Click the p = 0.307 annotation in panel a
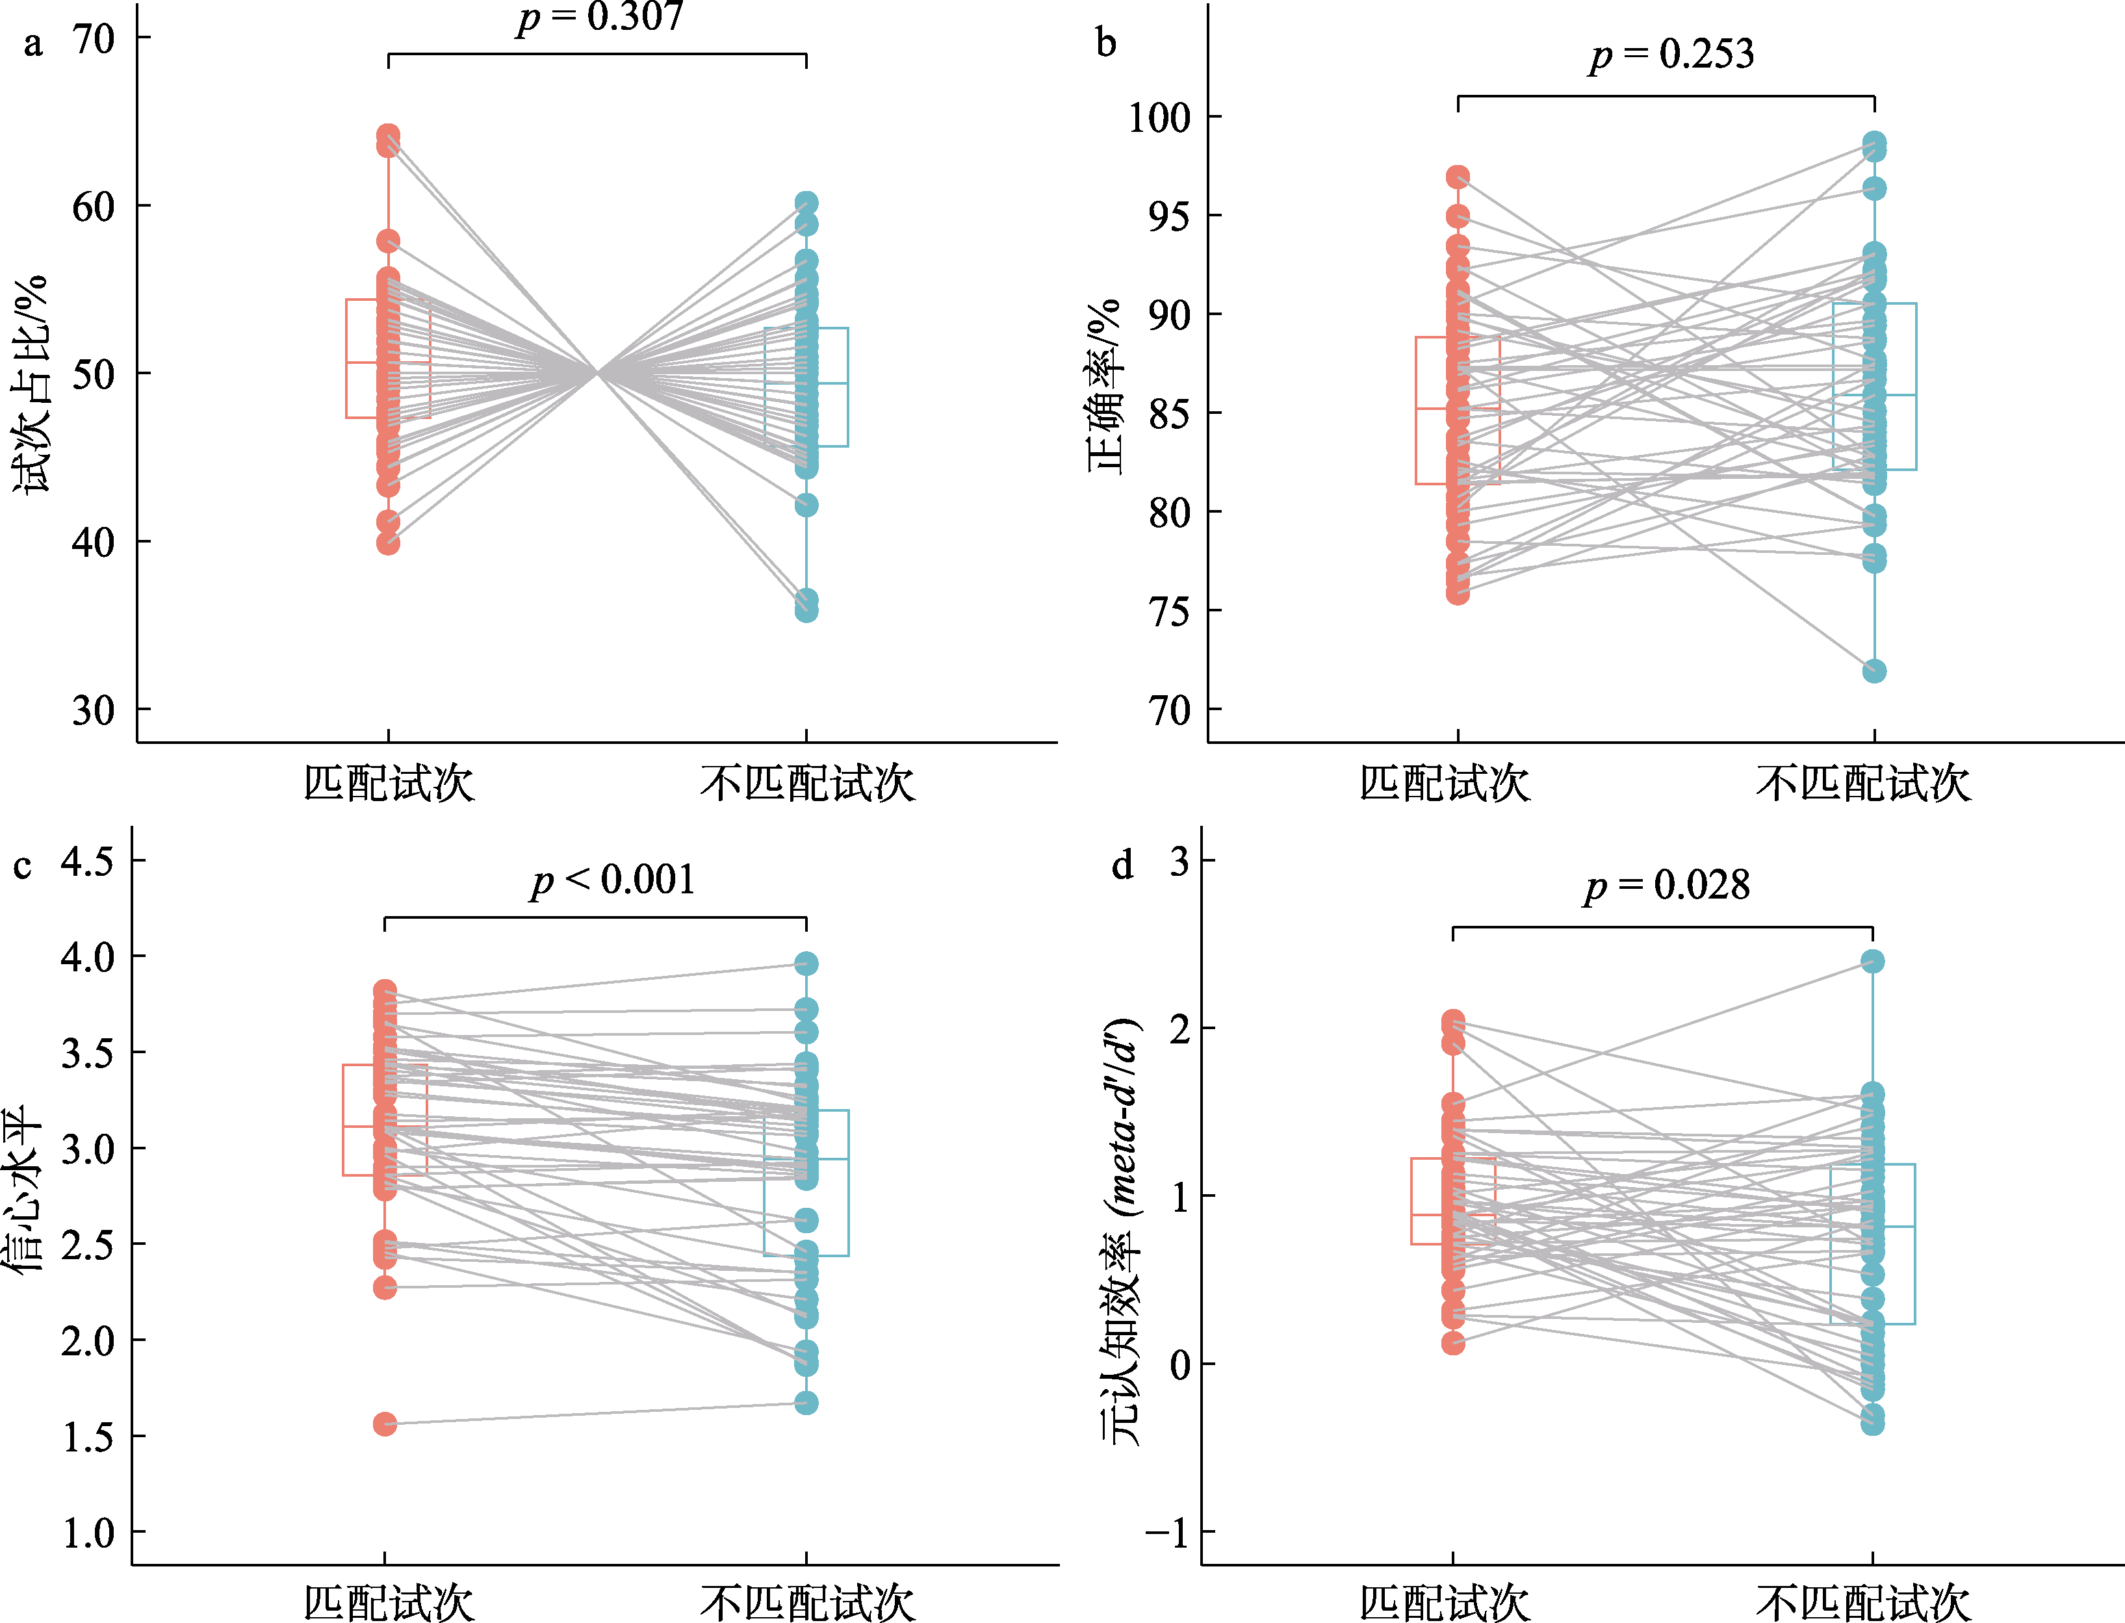click(x=600, y=18)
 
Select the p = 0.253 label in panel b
click(x=1671, y=54)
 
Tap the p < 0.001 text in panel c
click(x=613, y=880)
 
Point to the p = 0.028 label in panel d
click(x=1667, y=885)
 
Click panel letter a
click(x=34, y=44)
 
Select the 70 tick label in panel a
click(x=94, y=40)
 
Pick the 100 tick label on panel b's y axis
click(x=1159, y=118)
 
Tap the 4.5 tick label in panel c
click(x=88, y=861)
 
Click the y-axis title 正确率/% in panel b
click(x=1105, y=387)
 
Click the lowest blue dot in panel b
click(x=1874, y=671)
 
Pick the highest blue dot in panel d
click(x=1872, y=961)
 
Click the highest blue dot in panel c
click(x=806, y=963)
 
